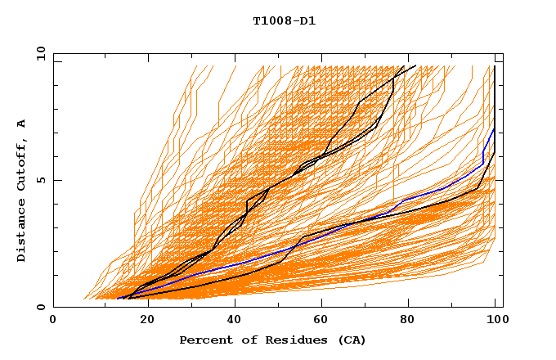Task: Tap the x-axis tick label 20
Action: [x=142, y=320]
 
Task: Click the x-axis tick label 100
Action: [x=495, y=320]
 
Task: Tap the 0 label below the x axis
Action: [x=53, y=320]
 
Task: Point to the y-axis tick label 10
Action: [x=39, y=53]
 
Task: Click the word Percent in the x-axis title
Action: [x=203, y=340]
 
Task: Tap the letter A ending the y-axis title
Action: [x=21, y=123]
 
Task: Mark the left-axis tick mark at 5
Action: [x=56, y=180]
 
